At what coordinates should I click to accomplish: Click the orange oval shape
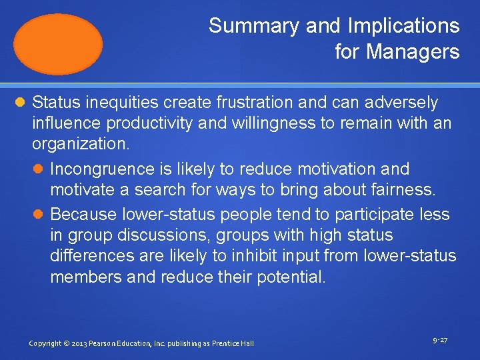pyautogui.click(x=59, y=44)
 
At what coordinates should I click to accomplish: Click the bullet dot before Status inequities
pyautogui.click(x=21, y=103)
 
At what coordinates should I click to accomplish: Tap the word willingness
pyautogui.click(x=261, y=123)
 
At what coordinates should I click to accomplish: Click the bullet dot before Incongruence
pyautogui.click(x=39, y=169)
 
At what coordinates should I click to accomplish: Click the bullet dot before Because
pyautogui.click(x=39, y=215)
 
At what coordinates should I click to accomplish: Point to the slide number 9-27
pyautogui.click(x=439, y=341)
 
